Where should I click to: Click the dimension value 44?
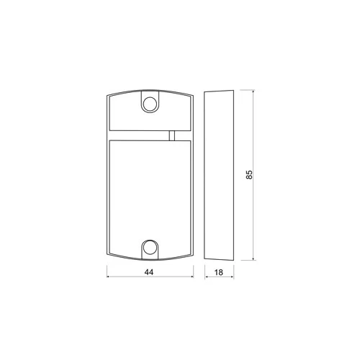tap(149, 272)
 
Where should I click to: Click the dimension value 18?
tap(219, 272)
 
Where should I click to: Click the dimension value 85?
tap(249, 174)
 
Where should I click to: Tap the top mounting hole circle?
tap(150, 104)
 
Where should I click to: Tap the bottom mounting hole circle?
tap(150, 248)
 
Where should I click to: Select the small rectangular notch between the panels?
tap(172, 135)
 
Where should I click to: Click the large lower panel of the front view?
tap(150, 197)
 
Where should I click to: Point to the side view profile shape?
tap(219, 175)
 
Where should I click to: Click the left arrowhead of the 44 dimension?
tap(108, 276)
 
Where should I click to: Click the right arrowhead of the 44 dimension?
tap(192, 276)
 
